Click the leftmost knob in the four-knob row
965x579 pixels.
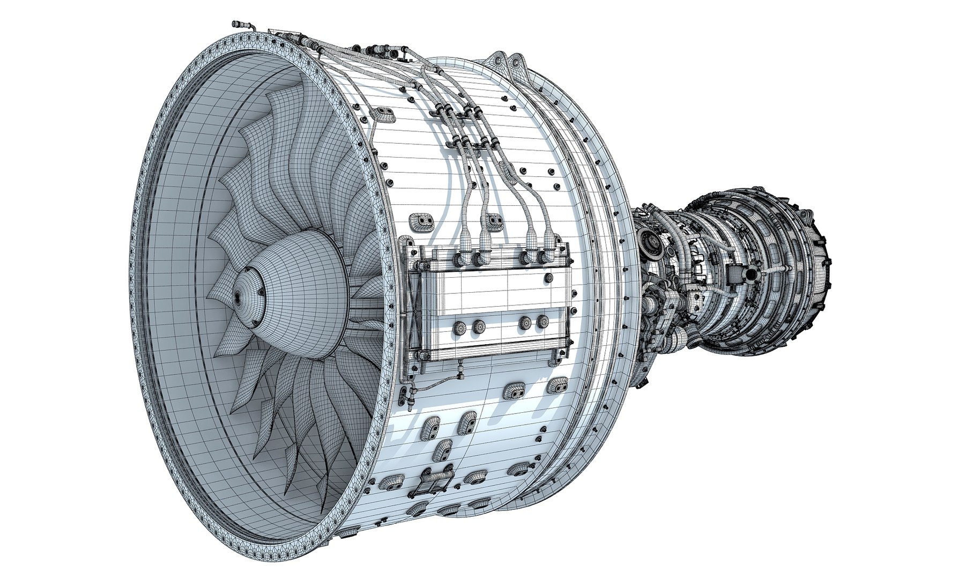[x=459, y=328]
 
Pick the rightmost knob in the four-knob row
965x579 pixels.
[x=543, y=322]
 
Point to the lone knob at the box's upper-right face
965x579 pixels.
[x=549, y=278]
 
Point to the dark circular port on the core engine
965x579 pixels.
[x=750, y=274]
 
